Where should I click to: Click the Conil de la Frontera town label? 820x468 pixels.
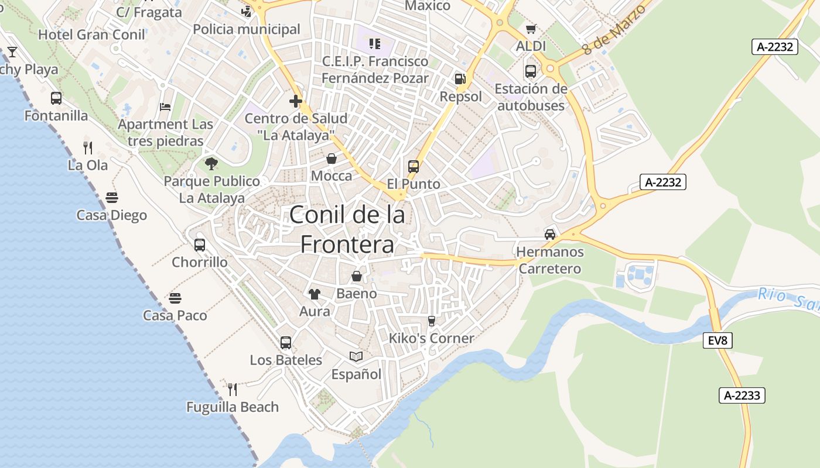click(x=347, y=229)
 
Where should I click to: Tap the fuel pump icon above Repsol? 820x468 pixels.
click(x=460, y=78)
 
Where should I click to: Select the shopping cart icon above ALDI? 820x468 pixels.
click(x=531, y=29)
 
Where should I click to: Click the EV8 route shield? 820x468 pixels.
click(x=717, y=340)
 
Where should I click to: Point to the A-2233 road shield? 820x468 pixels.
click(x=742, y=395)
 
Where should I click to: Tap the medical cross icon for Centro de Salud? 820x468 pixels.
click(x=296, y=101)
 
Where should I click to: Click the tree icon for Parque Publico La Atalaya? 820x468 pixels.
click(x=211, y=164)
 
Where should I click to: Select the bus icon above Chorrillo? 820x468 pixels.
click(x=200, y=245)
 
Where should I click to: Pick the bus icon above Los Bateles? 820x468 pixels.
click(x=286, y=342)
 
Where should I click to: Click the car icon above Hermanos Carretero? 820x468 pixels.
click(x=550, y=234)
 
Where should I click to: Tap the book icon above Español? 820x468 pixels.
click(x=356, y=356)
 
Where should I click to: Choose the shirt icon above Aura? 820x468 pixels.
click(x=315, y=294)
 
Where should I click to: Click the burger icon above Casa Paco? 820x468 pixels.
click(x=175, y=298)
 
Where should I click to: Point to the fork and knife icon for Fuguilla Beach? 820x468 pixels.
click(x=233, y=389)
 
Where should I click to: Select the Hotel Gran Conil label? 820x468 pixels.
click(x=91, y=35)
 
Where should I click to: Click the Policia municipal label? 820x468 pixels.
click(x=246, y=29)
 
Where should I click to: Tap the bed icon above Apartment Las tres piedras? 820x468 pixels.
click(x=165, y=106)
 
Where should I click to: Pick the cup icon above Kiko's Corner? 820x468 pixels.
click(x=432, y=321)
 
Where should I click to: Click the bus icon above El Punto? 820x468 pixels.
click(x=414, y=166)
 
